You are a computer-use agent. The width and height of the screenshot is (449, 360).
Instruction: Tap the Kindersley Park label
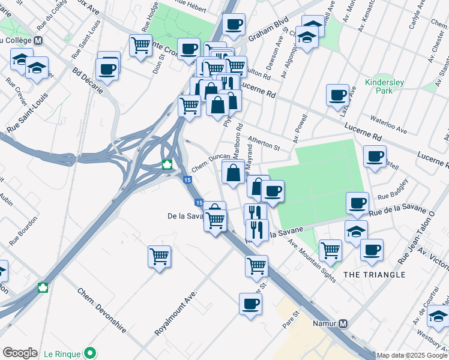click(379, 86)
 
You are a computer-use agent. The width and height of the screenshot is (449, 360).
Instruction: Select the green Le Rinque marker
click(90, 352)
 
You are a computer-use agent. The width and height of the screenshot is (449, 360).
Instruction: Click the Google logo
click(20, 352)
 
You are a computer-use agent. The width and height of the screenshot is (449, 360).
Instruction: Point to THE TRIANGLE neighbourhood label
click(375, 274)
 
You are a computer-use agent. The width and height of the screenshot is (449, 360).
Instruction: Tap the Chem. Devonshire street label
click(101, 310)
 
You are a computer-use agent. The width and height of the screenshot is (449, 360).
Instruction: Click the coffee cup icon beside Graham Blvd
click(234, 25)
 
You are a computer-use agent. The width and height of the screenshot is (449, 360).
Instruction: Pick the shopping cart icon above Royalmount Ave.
click(159, 256)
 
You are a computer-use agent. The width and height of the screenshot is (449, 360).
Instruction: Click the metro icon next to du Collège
click(38, 41)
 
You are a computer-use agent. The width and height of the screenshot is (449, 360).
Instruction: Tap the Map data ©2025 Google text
click(411, 355)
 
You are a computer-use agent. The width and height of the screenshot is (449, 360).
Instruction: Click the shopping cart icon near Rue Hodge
click(140, 45)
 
